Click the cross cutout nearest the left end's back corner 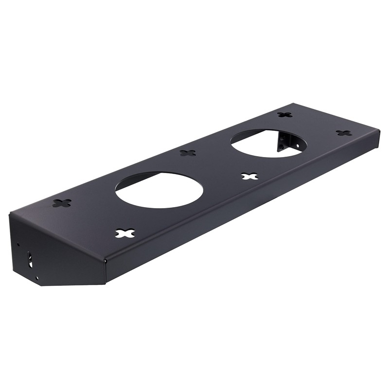62,202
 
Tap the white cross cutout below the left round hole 125,233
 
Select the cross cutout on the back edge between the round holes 187,153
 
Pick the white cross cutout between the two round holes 249,176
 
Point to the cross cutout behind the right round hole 285,115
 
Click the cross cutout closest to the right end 343,133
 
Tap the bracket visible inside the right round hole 284,141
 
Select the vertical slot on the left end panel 30,259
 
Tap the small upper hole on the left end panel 18,244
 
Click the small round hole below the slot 36,278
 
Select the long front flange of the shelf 243,204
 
